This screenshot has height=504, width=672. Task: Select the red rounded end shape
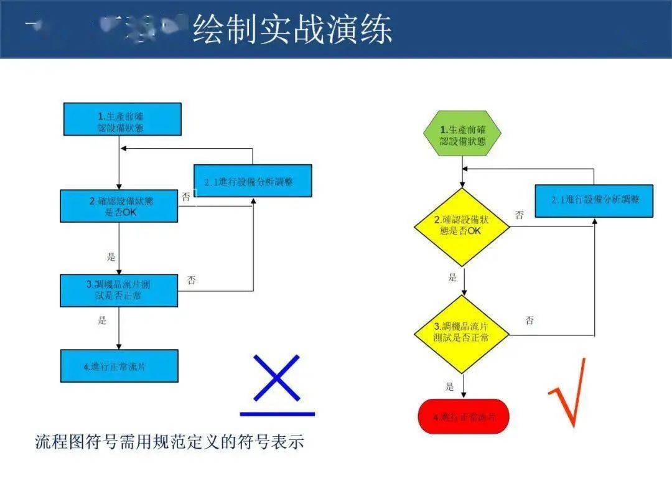(x=463, y=416)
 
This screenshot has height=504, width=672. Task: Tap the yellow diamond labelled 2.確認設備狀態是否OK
(x=462, y=226)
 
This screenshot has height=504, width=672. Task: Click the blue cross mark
(x=277, y=378)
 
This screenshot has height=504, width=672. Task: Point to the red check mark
(x=567, y=393)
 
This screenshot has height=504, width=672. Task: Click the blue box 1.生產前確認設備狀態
(x=122, y=119)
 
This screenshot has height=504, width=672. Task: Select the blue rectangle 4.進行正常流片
(x=119, y=366)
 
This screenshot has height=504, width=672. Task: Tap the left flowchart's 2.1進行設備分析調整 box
(x=253, y=181)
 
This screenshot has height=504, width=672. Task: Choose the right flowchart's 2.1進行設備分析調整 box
(x=594, y=200)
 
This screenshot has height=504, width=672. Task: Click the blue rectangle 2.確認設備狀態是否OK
(x=119, y=206)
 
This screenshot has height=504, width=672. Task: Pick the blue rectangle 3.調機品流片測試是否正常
(x=119, y=290)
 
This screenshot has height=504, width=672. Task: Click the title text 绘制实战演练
(x=292, y=29)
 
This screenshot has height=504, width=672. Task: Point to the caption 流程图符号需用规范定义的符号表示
(x=169, y=442)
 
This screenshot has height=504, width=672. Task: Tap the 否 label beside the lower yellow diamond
(x=529, y=320)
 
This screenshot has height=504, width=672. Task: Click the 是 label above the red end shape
(x=450, y=386)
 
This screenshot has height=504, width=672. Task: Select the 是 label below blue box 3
(x=102, y=320)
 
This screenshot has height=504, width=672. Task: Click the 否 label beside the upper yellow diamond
(x=519, y=215)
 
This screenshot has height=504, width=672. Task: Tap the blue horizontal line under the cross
(x=277, y=413)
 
